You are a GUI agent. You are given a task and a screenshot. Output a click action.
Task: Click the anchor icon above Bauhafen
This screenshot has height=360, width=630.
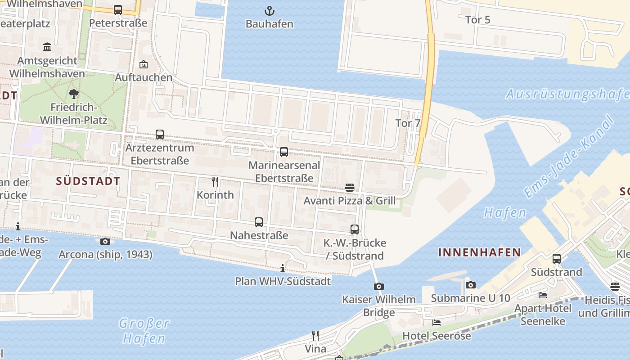coord(269,11)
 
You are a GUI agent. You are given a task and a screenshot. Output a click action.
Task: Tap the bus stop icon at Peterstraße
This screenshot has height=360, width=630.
coord(118,9)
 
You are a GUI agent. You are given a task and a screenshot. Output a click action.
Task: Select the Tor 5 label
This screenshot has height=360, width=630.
coord(478,20)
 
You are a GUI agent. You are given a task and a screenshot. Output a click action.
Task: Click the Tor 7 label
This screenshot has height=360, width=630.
coord(407,123)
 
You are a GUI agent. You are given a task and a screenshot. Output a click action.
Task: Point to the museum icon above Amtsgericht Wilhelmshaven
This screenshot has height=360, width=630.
coord(47,47)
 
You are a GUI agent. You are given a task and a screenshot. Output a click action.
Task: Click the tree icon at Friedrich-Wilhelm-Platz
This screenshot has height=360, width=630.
coord(74,94)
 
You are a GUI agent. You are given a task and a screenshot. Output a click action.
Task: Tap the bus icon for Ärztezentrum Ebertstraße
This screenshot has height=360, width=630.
coord(160,134)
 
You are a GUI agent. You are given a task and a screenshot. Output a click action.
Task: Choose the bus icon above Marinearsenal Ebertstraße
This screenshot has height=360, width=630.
coord(284,152)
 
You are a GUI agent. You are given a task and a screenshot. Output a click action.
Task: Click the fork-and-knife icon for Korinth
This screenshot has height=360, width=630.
coord(215,182)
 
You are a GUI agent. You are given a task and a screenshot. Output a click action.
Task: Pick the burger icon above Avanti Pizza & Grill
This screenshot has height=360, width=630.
coord(350,187)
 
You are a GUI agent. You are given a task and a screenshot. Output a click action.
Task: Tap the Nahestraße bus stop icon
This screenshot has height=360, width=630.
coord(259,222)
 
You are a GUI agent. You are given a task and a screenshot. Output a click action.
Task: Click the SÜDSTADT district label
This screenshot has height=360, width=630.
coord(88,181)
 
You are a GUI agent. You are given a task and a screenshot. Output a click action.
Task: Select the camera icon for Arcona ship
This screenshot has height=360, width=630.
coord(105,242)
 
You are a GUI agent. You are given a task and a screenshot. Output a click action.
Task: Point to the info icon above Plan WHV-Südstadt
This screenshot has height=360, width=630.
coord(283,269)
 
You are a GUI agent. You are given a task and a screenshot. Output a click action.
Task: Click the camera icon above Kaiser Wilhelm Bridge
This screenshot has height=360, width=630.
coord(379,286)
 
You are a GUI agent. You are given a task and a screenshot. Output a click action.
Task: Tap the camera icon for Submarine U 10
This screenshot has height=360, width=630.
coord(471,285)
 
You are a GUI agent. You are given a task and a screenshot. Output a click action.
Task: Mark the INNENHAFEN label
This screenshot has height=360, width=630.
coord(480,252)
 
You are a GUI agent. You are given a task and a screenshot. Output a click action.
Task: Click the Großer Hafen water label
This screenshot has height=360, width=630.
coord(144,330)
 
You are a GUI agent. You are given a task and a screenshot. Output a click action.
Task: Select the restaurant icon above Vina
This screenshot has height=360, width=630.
coord(315,335)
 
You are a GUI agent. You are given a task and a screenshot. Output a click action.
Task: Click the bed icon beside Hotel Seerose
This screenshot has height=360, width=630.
coord(436,322)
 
